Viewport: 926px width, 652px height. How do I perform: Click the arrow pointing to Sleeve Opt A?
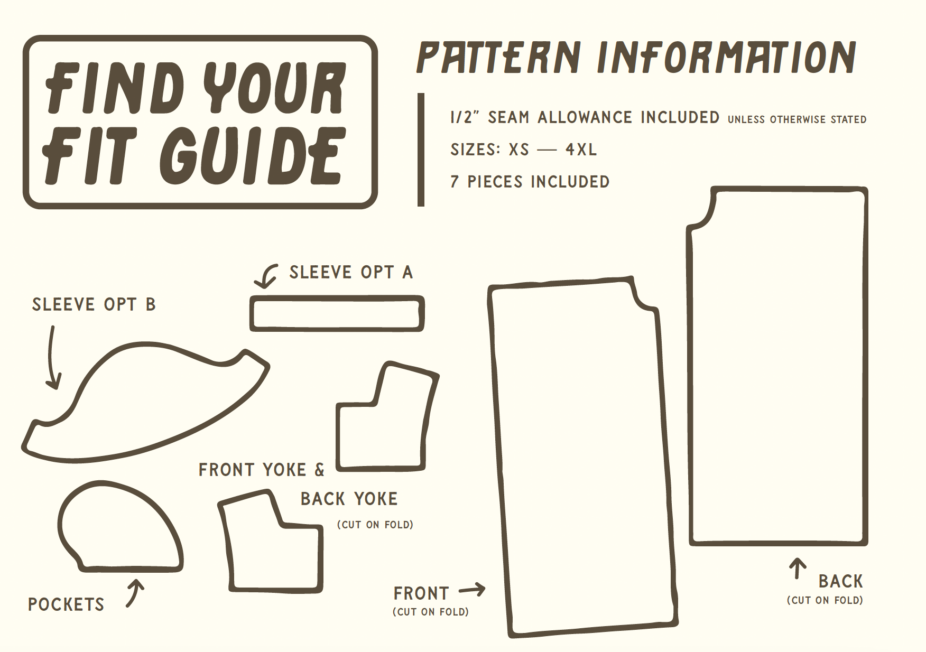(x=266, y=275)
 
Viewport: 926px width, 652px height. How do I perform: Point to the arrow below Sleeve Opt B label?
(x=51, y=359)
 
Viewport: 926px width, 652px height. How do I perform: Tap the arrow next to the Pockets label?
(x=136, y=593)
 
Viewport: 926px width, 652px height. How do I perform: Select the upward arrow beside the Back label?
(x=798, y=569)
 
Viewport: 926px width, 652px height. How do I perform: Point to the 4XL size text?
(x=581, y=150)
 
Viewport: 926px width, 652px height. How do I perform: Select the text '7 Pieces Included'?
(x=530, y=182)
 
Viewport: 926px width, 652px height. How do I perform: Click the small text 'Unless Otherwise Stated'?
(x=797, y=120)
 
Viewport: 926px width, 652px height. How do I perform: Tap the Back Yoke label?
(x=349, y=499)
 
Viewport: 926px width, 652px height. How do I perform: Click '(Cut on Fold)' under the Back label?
(x=825, y=600)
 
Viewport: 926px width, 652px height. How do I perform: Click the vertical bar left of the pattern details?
(x=421, y=150)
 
